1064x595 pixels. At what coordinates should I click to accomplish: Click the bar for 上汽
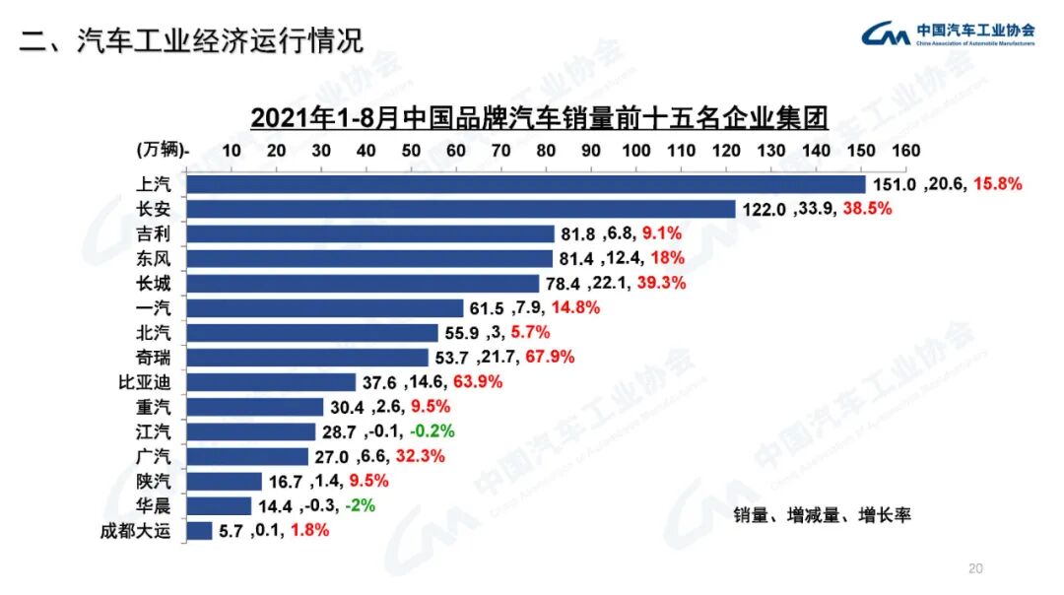(525, 184)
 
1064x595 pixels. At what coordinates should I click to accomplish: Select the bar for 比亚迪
(271, 382)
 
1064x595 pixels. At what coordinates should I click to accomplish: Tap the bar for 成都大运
(199, 530)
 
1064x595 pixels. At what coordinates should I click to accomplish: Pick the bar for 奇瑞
(307, 357)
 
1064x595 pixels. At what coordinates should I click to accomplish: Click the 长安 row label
(154, 209)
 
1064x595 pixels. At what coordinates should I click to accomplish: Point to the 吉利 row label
(154, 233)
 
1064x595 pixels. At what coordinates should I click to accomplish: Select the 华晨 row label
(154, 505)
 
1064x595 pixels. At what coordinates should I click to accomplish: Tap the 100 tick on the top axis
(635, 151)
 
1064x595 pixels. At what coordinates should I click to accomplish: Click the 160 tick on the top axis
(905, 151)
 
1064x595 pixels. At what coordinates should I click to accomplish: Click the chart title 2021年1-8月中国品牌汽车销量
(539, 117)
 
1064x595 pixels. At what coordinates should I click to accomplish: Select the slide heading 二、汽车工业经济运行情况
(192, 40)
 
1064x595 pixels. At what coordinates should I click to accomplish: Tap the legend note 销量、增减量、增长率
(822, 515)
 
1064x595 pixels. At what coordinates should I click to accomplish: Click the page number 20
(975, 568)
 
